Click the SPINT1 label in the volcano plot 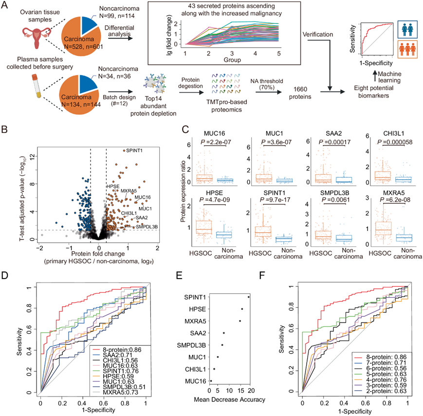coord(136,151)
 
